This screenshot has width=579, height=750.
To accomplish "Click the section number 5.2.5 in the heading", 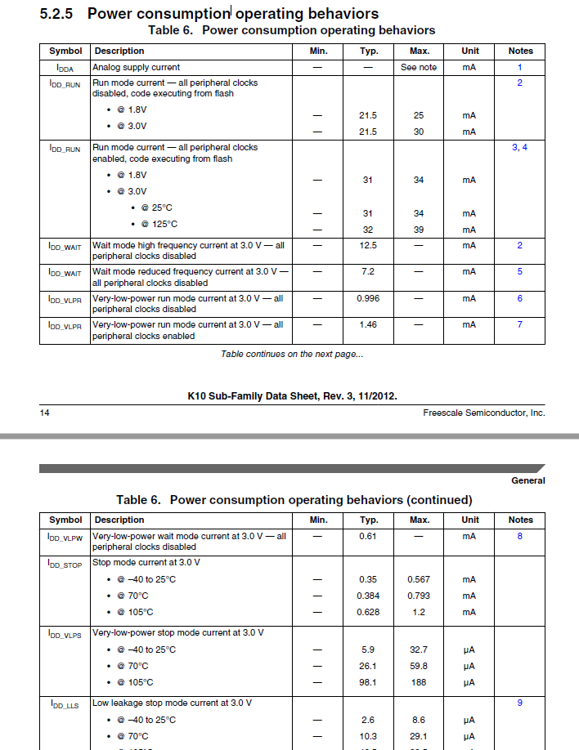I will click(59, 14).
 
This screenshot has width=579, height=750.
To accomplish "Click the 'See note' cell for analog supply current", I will click(419, 67).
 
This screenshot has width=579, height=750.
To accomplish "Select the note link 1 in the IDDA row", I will click(520, 67).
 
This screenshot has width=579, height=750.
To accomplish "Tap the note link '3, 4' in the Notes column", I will click(520, 147).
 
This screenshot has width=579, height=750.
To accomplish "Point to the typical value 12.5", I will click(368, 245).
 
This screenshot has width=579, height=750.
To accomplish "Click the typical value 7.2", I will click(368, 271).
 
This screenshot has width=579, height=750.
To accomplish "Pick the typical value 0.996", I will click(368, 298).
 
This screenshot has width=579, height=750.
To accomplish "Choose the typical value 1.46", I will click(368, 324).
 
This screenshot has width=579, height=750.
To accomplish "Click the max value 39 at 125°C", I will click(419, 230).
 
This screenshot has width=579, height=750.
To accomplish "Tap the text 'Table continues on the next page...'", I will click(292, 354).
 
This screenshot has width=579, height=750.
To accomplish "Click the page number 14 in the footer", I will click(45, 413).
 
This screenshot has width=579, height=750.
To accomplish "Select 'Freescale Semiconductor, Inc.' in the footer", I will click(483, 413).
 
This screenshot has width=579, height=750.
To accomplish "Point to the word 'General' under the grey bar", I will click(528, 480).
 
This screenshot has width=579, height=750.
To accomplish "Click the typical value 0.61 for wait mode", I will click(368, 536).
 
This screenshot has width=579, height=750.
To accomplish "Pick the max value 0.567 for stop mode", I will click(419, 579).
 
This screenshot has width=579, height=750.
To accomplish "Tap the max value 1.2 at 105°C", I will click(419, 612).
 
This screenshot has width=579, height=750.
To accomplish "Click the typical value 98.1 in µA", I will click(368, 682).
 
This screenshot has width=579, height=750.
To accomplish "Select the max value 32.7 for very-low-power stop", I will click(419, 650).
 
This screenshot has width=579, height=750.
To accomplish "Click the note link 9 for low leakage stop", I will click(520, 703).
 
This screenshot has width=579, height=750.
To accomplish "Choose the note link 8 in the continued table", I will click(520, 536).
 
